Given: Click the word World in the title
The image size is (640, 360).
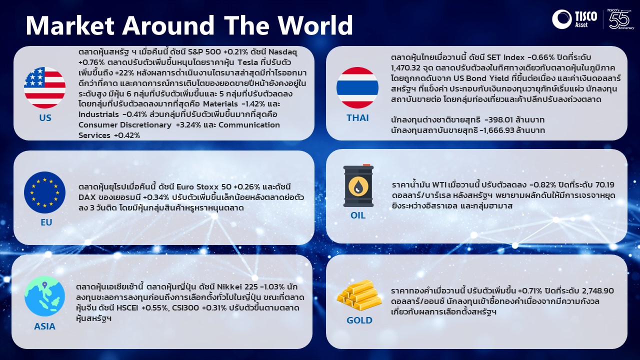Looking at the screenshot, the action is point(315,25).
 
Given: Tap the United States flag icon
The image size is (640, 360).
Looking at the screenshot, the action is point(45,87).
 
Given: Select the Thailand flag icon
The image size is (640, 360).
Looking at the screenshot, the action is point(357,87).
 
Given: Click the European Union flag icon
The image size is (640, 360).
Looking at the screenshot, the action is point(45,192).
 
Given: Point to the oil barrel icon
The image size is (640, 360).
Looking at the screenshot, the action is point(358,185).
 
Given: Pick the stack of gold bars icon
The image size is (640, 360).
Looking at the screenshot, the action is point(359,295).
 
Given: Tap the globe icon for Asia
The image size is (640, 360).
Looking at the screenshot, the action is point(45,296).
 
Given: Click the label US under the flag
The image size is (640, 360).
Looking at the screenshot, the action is point(45,117).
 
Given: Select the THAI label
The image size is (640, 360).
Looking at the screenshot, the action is point(357,117).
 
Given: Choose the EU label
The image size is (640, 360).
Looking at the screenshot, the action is point(46,222).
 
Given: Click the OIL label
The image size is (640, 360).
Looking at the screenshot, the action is point(358,215).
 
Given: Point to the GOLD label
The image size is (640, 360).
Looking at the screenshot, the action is point(359,320).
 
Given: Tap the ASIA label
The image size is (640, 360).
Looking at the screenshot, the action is point(45,326).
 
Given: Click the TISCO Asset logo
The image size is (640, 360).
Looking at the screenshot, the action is point(575,19).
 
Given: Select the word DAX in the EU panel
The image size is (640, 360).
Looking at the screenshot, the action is point(87,197).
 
